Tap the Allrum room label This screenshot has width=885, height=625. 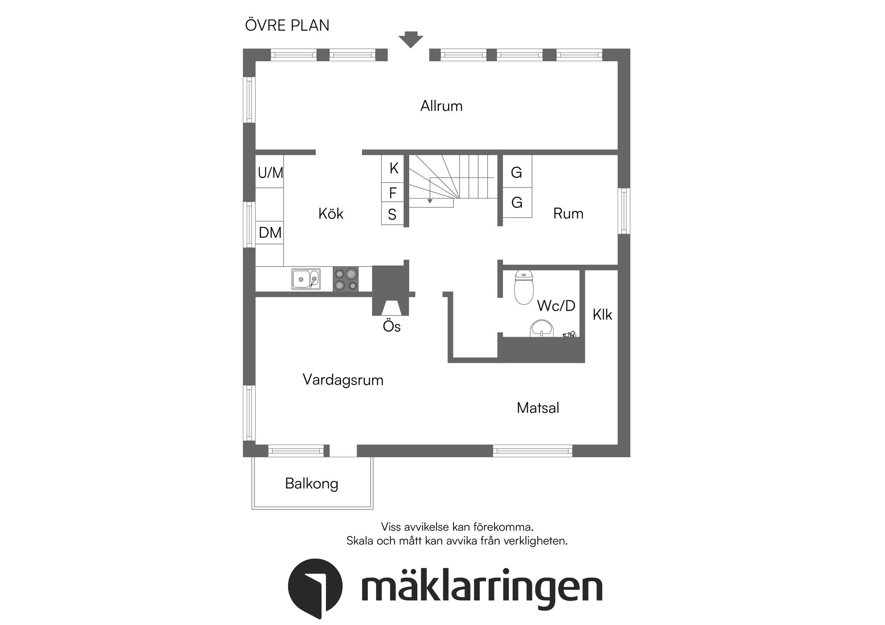click(x=441, y=106)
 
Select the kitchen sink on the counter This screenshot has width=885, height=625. click(x=306, y=279)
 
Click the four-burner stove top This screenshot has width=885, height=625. click(x=346, y=279)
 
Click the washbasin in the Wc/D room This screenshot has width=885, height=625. click(x=542, y=329)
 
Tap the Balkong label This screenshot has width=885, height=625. click(x=312, y=483)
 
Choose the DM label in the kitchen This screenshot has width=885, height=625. click(x=270, y=233)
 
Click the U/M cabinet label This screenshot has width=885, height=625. click(x=270, y=173)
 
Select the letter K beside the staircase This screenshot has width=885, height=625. click(x=394, y=169)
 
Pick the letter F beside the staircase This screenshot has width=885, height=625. click(x=393, y=193)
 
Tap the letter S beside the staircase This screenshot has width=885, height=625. click(x=392, y=215)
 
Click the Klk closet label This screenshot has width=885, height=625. click(x=602, y=315)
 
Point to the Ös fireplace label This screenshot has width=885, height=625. click(x=391, y=327)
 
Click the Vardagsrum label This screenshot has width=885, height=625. click(x=343, y=380)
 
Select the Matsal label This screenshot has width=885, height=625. click(x=538, y=408)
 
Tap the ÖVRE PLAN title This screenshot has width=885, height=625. click(x=287, y=25)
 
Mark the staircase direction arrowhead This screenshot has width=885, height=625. click(x=430, y=201)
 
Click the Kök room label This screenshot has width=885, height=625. click(x=331, y=214)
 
